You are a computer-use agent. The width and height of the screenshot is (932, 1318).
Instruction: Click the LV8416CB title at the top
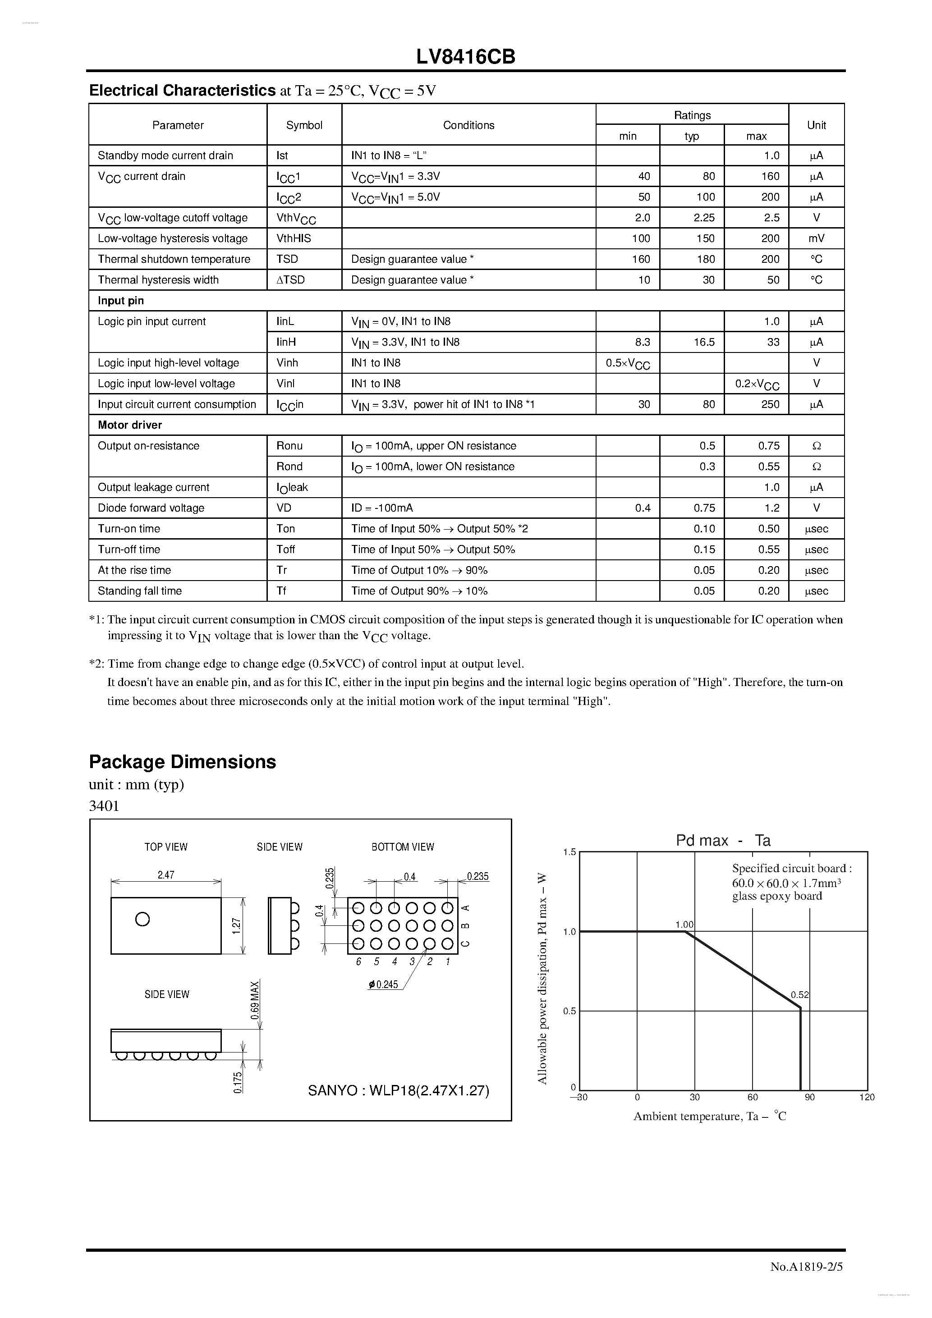(466, 57)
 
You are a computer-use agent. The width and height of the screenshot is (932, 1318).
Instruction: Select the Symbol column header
(304, 125)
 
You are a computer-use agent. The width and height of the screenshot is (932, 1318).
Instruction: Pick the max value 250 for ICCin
(770, 404)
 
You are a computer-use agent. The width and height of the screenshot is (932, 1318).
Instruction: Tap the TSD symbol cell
(287, 259)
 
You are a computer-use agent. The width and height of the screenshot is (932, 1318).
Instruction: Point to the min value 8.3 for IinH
(642, 342)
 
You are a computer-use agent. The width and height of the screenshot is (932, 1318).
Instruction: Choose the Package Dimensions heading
(183, 762)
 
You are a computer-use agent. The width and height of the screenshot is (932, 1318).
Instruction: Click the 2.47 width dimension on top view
(165, 875)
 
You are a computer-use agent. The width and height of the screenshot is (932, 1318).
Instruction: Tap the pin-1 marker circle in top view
(142, 919)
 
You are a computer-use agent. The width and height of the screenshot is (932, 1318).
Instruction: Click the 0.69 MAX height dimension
(255, 999)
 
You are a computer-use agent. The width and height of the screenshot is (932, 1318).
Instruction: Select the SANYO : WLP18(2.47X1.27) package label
(399, 1090)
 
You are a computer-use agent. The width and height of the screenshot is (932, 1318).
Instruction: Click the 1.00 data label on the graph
(684, 924)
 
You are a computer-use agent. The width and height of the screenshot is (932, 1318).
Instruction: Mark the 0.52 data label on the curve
(799, 995)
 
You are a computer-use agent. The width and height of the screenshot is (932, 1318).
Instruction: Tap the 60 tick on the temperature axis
(752, 1097)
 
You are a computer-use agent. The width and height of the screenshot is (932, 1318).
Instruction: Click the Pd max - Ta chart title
(722, 840)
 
